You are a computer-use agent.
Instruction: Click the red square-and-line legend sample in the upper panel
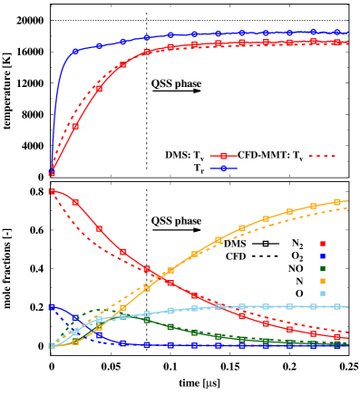pos(224,156)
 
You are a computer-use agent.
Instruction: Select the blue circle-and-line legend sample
pos(224,169)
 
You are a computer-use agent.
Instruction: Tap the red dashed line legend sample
pos(322,156)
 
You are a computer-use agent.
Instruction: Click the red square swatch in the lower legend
pos(322,244)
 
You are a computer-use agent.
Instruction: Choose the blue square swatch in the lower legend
pos(322,256)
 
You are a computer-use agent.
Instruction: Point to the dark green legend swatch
pos(322,269)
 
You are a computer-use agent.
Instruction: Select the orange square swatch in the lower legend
pos(322,281)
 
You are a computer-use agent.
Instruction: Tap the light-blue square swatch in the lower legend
pos(322,294)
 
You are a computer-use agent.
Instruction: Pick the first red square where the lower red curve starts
pos(52,191)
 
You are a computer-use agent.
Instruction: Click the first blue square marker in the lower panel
pos(52,307)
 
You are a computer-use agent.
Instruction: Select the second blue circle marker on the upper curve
pos(75,51)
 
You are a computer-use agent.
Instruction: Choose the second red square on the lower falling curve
pos(75,202)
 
